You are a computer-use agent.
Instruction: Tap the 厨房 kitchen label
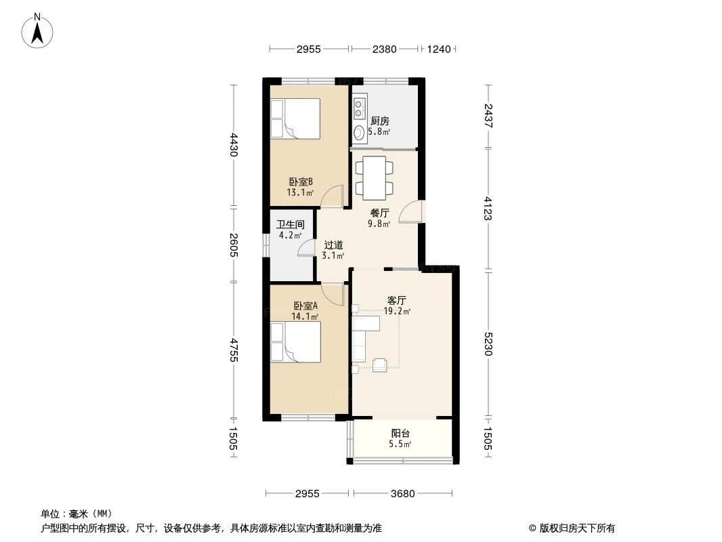[379, 126]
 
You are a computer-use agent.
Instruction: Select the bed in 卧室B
[295, 119]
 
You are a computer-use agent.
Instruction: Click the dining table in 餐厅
[374, 177]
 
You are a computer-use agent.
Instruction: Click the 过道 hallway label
[333, 250]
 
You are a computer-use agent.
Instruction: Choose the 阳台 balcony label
[400, 438]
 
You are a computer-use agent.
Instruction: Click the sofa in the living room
[360, 337]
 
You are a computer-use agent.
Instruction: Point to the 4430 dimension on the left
[234, 145]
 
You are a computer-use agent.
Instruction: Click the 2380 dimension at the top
[384, 49]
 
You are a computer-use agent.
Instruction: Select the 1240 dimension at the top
[439, 49]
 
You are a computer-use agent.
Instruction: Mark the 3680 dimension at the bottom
[402, 493]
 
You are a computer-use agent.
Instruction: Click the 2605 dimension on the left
[234, 244]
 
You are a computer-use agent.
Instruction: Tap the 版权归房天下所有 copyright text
[576, 528]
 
